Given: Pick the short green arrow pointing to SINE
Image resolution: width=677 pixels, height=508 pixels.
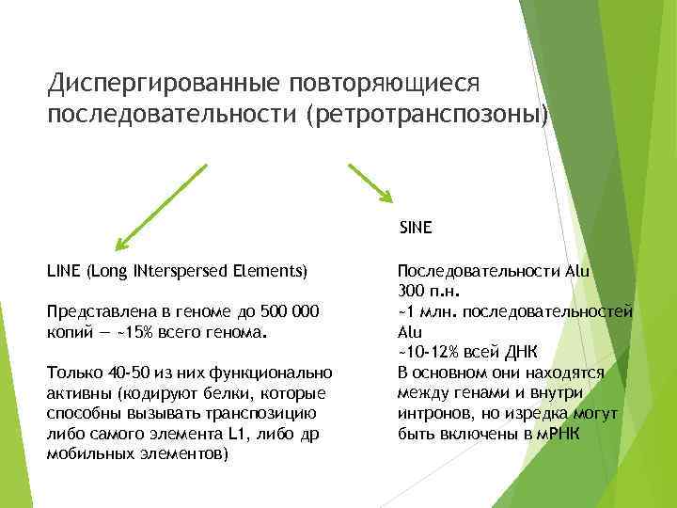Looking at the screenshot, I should point(370,183).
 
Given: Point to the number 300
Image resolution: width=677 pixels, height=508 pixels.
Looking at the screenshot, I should point(412,291).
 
